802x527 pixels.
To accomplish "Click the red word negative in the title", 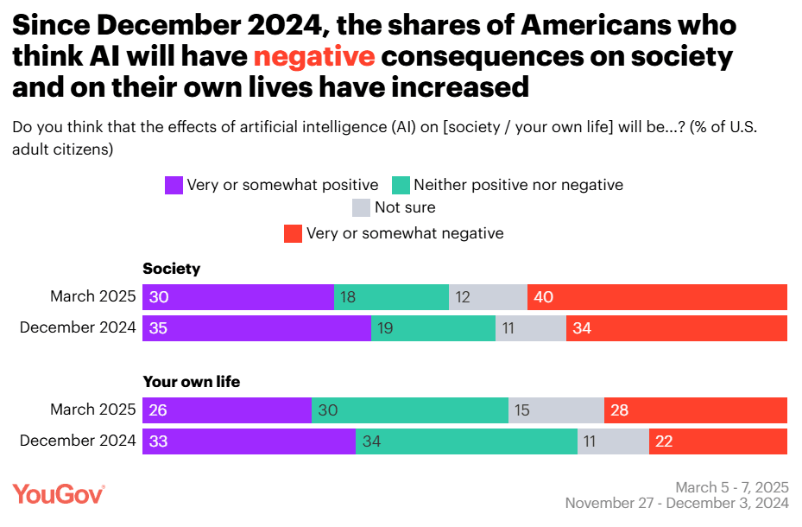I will [314, 56].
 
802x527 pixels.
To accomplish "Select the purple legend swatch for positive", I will [174, 185].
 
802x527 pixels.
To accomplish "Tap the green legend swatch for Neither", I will [401, 185].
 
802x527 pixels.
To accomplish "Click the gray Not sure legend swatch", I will [361, 207].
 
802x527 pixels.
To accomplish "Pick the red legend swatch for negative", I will [294, 233].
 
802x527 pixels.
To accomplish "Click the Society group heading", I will [171, 269].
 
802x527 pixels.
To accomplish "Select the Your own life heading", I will [191, 381].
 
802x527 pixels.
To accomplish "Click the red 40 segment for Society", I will [657, 297].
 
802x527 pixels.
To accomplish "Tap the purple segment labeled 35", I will [256, 328].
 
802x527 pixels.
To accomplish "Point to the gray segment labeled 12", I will [488, 297].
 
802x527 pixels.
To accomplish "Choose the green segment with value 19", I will [433, 328].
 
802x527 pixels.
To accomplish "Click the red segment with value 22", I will [717, 441].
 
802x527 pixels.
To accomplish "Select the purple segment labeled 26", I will [227, 410].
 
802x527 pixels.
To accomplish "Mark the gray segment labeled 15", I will [556, 410].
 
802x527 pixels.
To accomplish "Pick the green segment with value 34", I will [466, 441].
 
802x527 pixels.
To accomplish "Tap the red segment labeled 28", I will [695, 410].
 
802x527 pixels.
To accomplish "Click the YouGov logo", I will [59, 494].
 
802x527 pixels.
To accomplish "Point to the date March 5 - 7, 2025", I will [731, 487].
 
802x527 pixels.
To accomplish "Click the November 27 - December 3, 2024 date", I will [677, 503].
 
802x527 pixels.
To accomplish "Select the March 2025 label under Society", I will [93, 297].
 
